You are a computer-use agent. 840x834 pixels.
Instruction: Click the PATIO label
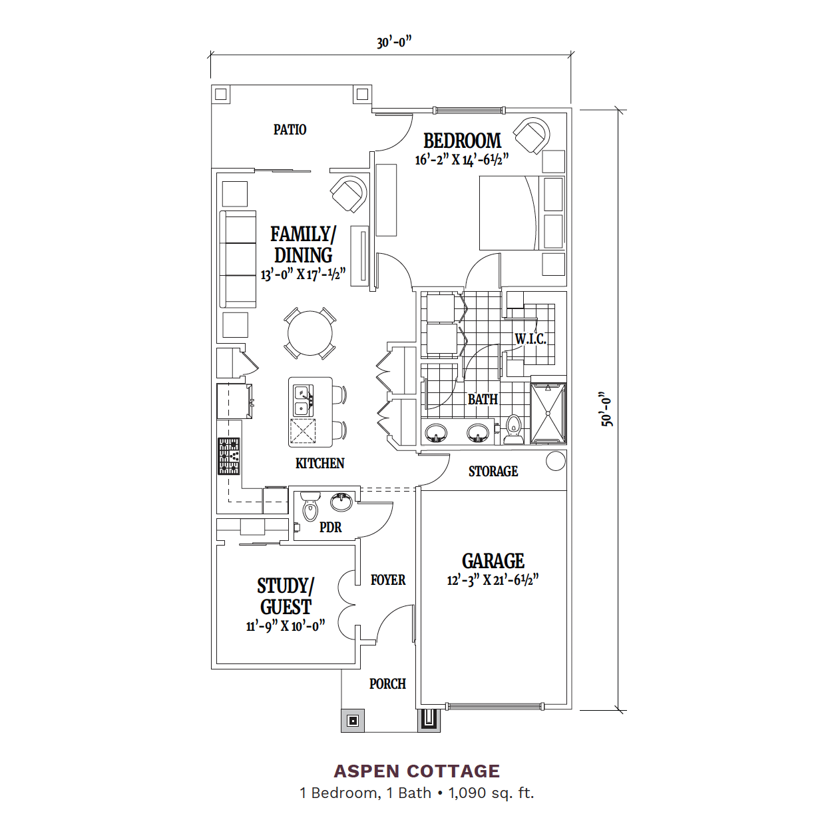[290, 130]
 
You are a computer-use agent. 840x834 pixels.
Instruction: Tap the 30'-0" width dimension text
[394, 43]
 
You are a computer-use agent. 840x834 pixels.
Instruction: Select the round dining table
[310, 333]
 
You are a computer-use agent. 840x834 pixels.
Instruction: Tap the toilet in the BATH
[515, 430]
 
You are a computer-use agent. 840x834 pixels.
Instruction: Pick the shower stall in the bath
[548, 413]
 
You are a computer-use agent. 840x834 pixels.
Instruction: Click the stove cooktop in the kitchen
[229, 456]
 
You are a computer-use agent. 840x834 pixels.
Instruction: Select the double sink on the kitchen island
[303, 400]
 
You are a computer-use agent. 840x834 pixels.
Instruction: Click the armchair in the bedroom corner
[532, 135]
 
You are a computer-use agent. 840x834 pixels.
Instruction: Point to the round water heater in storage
[555, 461]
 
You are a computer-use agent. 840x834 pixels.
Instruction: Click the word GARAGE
[493, 562]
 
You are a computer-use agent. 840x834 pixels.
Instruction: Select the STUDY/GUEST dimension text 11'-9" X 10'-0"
[286, 626]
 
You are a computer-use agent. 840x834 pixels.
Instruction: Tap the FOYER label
[388, 580]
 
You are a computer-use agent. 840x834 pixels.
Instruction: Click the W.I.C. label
[530, 339]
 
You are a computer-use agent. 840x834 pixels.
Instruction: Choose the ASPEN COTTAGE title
[417, 771]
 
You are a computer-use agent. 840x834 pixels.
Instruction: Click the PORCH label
[387, 684]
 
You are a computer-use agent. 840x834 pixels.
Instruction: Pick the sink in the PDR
[341, 502]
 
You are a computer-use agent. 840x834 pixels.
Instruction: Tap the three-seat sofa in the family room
[238, 259]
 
